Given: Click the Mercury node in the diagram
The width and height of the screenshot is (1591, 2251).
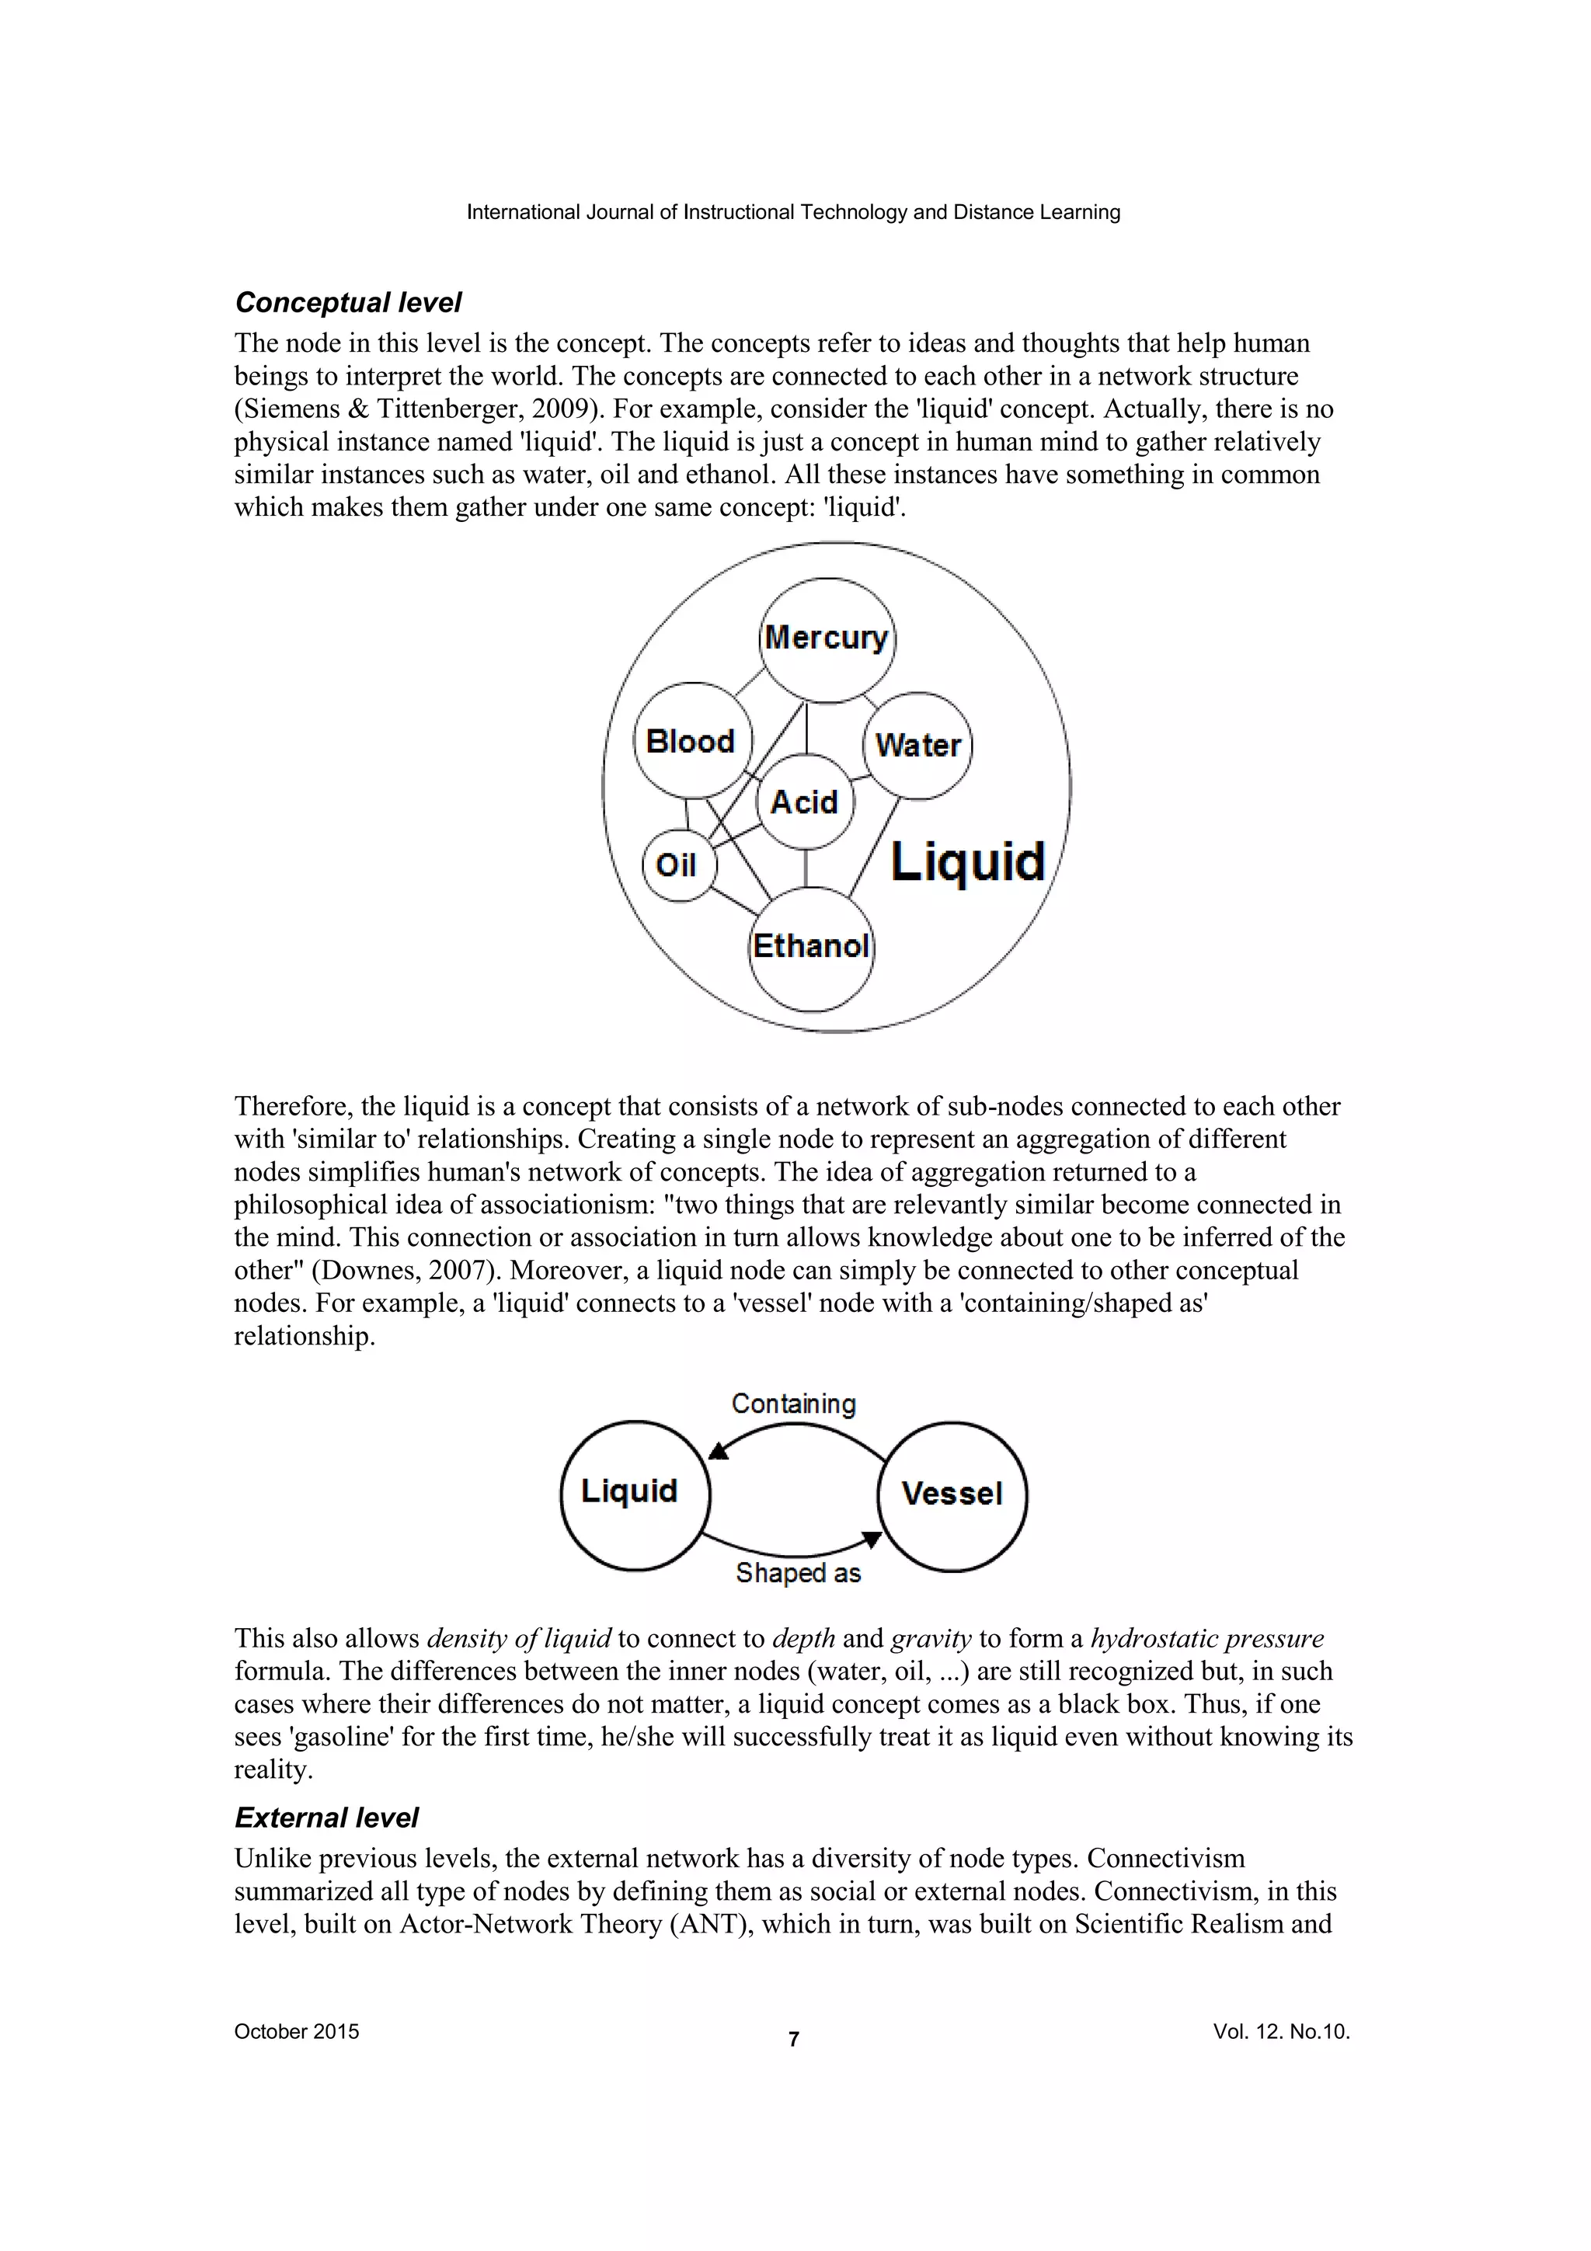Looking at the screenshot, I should pyautogui.click(x=827, y=639).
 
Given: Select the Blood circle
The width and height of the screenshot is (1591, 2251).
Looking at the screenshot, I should pyautogui.click(x=691, y=741).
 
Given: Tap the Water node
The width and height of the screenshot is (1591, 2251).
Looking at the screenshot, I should pyautogui.click(x=917, y=745).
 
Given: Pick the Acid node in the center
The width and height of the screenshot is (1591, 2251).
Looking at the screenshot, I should pyautogui.click(x=805, y=802).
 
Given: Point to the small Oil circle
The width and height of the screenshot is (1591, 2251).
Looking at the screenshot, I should pyautogui.click(x=677, y=865).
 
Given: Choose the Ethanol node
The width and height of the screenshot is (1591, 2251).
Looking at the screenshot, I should pyautogui.click(x=811, y=947).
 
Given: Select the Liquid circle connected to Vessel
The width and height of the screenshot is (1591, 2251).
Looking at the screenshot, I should pyautogui.click(x=630, y=1491).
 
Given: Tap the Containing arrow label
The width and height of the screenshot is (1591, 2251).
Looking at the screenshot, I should pyautogui.click(x=793, y=1404).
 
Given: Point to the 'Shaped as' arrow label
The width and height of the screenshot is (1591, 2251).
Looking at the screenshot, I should pyautogui.click(x=798, y=1573).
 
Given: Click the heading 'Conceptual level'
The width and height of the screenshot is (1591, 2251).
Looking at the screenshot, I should pyautogui.click(x=348, y=302).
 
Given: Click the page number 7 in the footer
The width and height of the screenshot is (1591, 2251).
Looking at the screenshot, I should pyautogui.click(x=794, y=2039).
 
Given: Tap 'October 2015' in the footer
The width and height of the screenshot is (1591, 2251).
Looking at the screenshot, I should pyautogui.click(x=296, y=2031).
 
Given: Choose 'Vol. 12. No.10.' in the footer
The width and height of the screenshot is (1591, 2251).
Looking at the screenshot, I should pyautogui.click(x=1281, y=2031).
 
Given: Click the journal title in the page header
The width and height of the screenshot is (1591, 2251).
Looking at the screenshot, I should pyautogui.click(x=793, y=212).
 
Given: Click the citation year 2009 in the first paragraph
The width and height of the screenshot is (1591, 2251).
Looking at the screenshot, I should pyautogui.click(x=561, y=409).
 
